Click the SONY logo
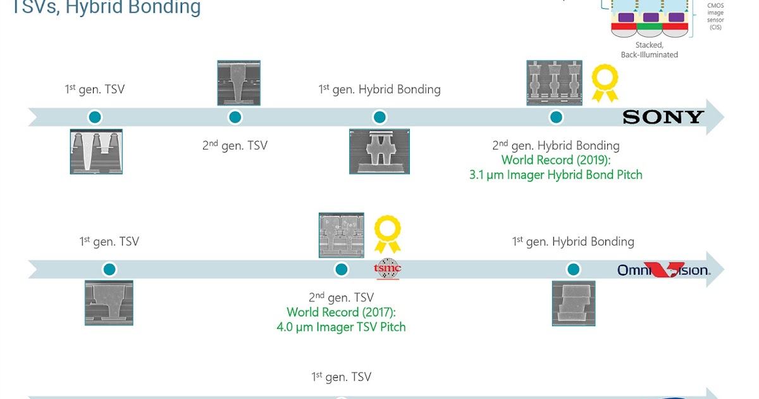pyautogui.click(x=663, y=117)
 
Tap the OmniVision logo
pyautogui.click(x=663, y=270)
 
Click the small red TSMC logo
pyautogui.click(x=388, y=270)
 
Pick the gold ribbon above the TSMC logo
pyautogui.click(x=387, y=234)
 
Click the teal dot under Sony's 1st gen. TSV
pyautogui.click(x=95, y=117)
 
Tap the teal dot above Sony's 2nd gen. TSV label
pyautogui.click(x=235, y=117)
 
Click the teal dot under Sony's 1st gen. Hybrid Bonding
pyautogui.click(x=379, y=117)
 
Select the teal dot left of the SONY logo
pyautogui.click(x=556, y=117)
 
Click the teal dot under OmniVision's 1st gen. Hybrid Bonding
pyautogui.click(x=573, y=270)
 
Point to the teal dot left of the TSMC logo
pyautogui.click(x=342, y=270)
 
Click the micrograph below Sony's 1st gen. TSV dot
pyautogui.click(x=96, y=151)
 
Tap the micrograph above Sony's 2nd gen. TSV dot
pyautogui.click(x=238, y=83)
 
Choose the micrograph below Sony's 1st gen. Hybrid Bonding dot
pyautogui.click(x=379, y=151)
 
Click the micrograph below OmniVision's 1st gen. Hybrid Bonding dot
pyautogui.click(x=573, y=303)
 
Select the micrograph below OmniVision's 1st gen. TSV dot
pyautogui.click(x=109, y=303)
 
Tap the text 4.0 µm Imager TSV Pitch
pyautogui.click(x=341, y=327)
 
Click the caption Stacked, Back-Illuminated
pyautogui.click(x=649, y=50)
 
